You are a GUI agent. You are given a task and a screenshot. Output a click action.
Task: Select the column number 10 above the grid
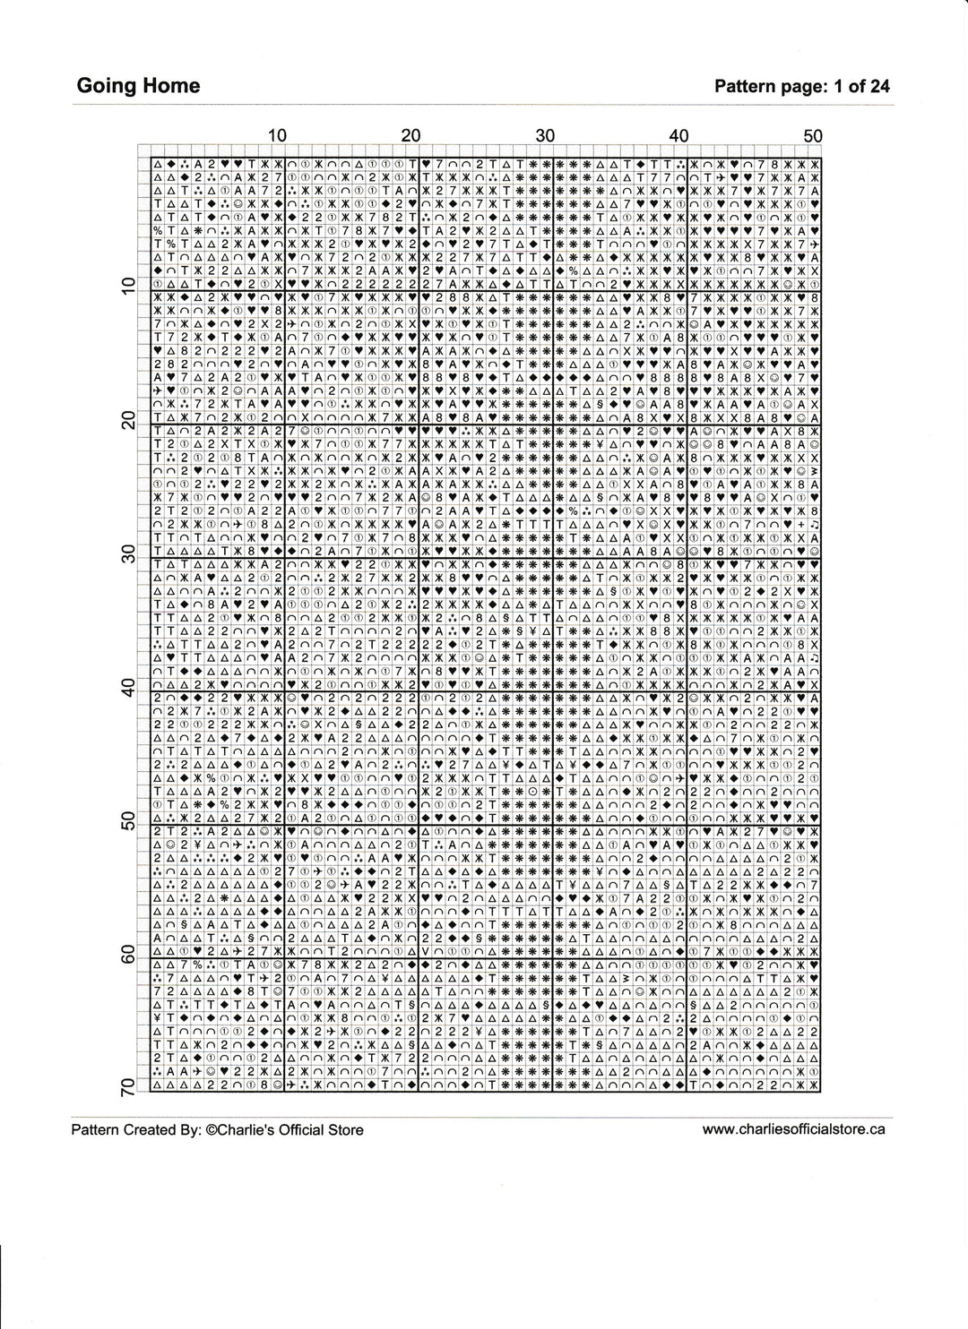point(277,135)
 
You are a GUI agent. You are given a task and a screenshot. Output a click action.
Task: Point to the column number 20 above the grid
point(411,135)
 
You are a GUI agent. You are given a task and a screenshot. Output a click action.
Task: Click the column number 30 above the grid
point(545,135)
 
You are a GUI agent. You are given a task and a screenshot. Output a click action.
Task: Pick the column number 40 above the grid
point(678,135)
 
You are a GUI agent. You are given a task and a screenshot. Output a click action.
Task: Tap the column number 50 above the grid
point(812,135)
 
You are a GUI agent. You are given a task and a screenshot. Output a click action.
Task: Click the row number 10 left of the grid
point(126,286)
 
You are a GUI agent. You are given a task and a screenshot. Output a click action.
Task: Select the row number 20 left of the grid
point(126,419)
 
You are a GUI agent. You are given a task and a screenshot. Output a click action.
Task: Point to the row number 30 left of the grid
point(126,553)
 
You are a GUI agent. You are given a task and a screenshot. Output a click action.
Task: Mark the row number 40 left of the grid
point(126,687)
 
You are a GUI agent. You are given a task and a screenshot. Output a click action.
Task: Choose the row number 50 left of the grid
point(126,820)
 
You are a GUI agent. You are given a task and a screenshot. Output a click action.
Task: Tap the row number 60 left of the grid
point(126,954)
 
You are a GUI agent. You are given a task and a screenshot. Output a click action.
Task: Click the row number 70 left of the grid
point(126,1087)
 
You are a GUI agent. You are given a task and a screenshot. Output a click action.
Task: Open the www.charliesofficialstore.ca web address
point(793,1129)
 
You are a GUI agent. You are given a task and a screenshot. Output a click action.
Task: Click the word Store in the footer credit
point(346,1130)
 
